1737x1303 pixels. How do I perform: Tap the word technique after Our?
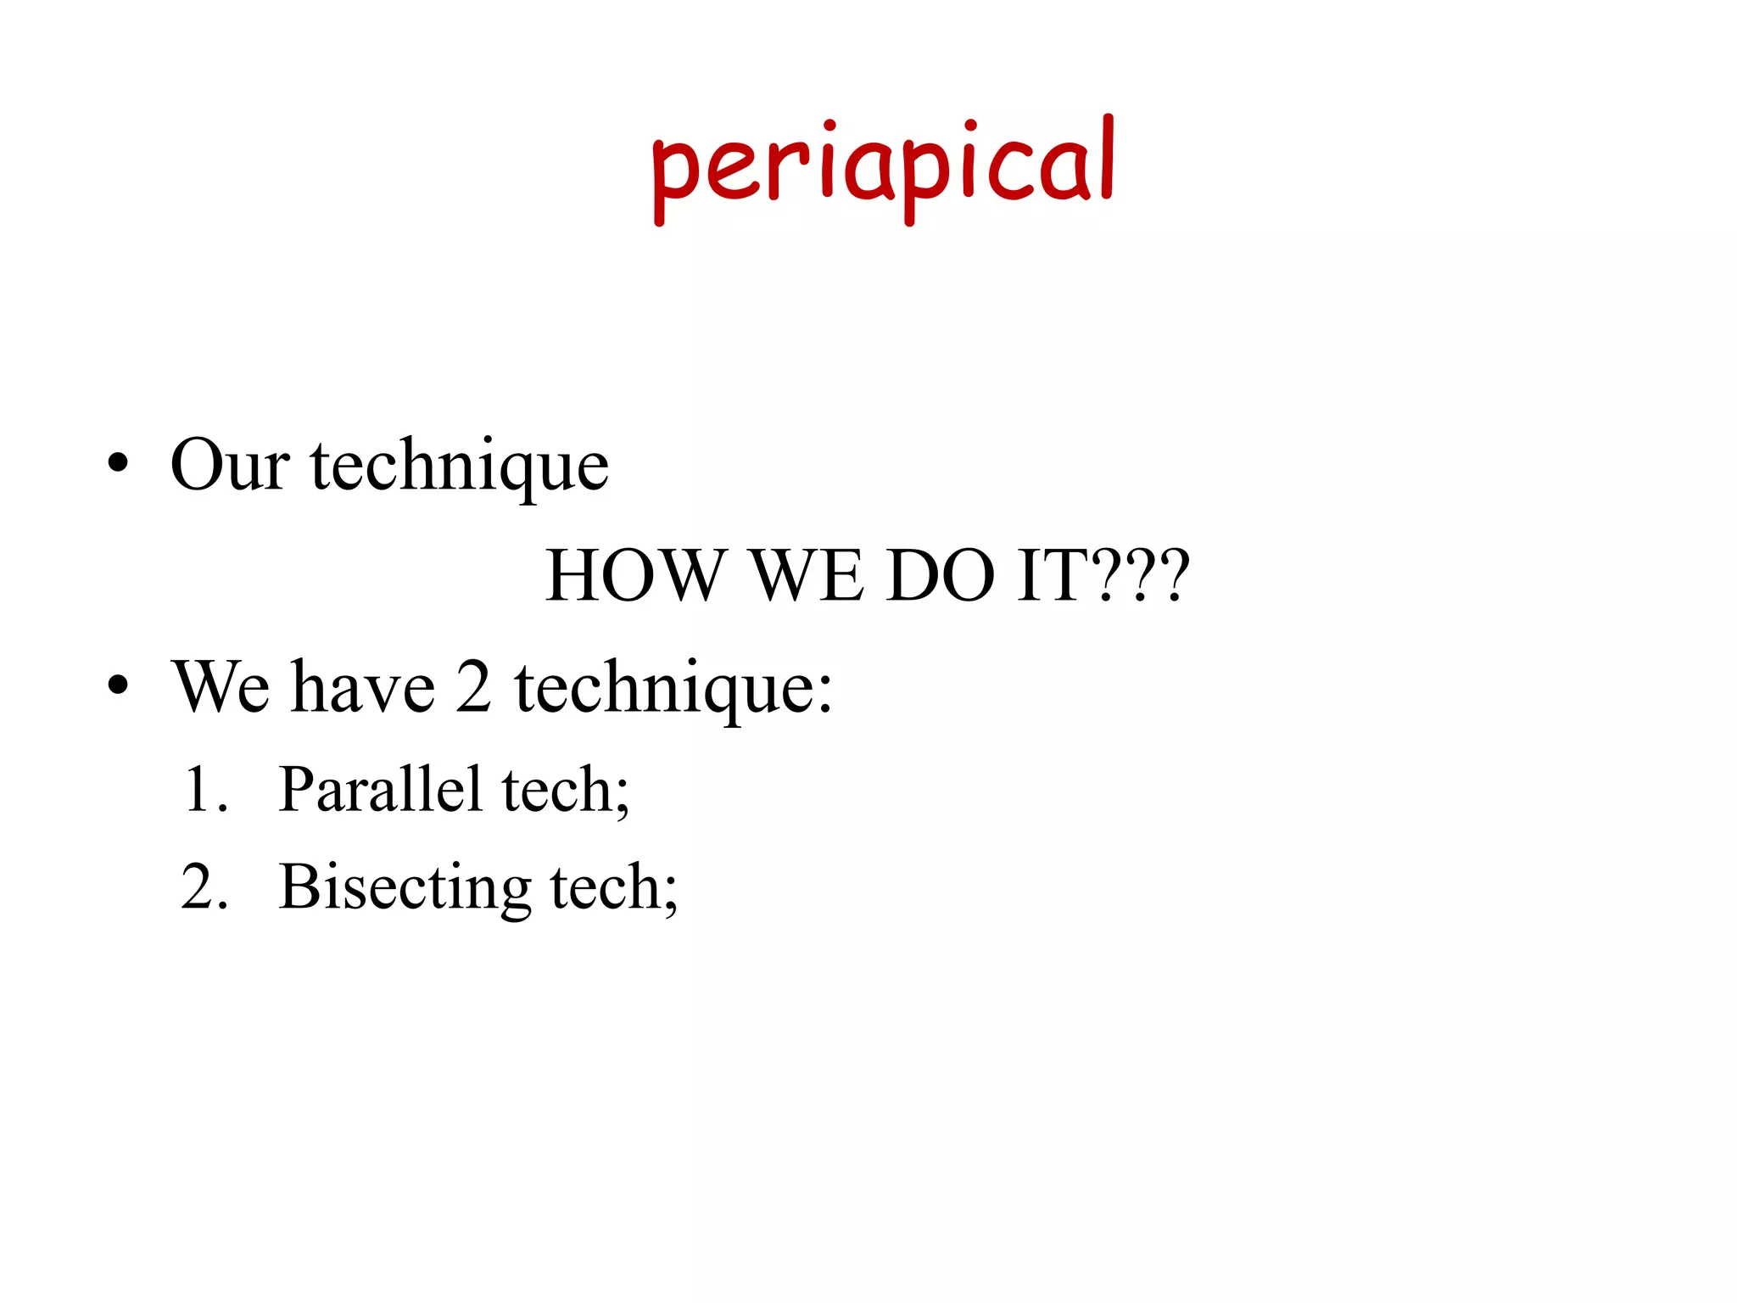tap(460, 467)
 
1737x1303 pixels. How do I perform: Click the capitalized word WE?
tap(808, 576)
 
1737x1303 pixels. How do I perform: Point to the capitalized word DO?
tap(941, 576)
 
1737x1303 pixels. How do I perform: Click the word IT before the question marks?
tap(1053, 576)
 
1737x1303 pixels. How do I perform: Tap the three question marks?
tap(1140, 576)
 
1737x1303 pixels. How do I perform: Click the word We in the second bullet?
tap(222, 686)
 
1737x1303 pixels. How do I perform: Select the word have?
tap(363, 686)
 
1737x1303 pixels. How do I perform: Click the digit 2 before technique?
tap(473, 686)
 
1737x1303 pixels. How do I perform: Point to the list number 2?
tap(204, 887)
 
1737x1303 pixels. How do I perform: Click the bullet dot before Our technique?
tap(118, 464)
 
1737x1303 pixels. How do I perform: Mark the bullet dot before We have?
tap(118, 685)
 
